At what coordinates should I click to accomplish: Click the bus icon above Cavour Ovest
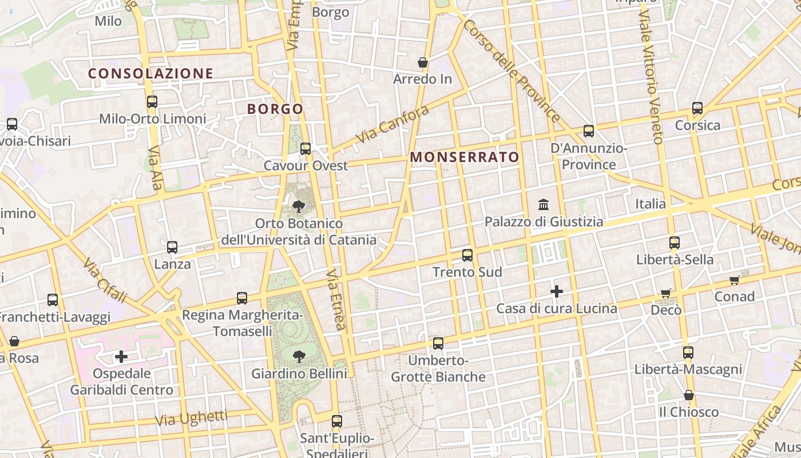tap(306, 149)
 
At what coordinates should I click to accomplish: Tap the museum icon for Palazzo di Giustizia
tap(544, 204)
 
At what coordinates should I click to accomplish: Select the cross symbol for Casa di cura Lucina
tap(556, 292)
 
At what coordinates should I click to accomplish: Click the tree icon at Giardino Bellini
tap(299, 357)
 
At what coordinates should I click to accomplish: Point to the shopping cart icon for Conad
tap(735, 280)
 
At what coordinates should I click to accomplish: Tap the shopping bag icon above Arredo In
tap(423, 62)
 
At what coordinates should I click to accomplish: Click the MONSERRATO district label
tap(465, 157)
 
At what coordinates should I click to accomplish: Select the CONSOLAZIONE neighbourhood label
tap(150, 73)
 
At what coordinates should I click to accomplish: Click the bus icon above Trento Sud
tap(467, 255)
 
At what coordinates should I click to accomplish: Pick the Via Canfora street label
tap(392, 124)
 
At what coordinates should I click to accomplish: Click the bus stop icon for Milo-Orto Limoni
tap(152, 102)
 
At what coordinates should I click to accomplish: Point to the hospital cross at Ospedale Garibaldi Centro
tap(121, 357)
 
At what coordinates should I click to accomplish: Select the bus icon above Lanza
tap(172, 247)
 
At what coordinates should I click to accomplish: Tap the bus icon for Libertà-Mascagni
tap(688, 353)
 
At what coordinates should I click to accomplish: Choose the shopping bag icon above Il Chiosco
tap(689, 396)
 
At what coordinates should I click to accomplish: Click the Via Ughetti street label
tap(191, 418)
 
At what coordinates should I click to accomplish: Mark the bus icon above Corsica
tap(697, 108)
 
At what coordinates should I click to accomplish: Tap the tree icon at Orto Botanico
tap(298, 207)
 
